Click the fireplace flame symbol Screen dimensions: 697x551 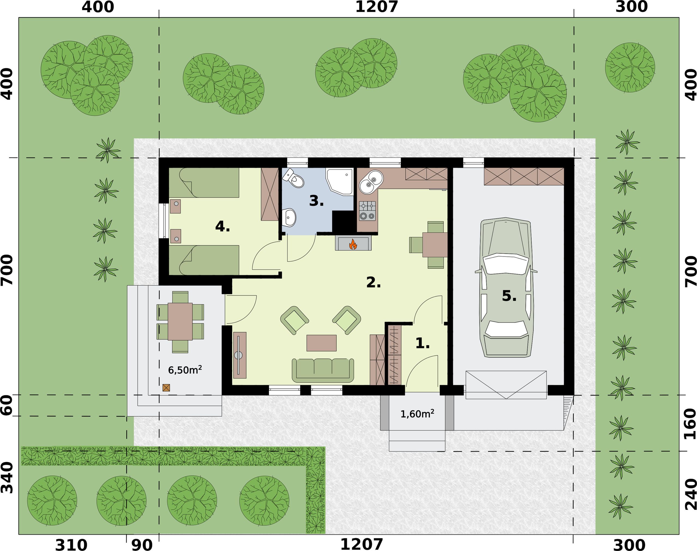coord(353,244)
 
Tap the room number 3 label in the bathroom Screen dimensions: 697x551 coord(316,201)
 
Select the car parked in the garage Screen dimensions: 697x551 coord(506,288)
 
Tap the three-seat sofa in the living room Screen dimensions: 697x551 coord(323,370)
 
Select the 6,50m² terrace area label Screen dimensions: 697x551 coord(185,370)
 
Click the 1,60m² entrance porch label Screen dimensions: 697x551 coord(417,414)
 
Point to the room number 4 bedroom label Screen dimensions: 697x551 coord(222,227)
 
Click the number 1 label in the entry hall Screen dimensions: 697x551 coord(422,344)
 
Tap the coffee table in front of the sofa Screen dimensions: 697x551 coord(321,343)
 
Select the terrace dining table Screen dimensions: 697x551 coord(180,321)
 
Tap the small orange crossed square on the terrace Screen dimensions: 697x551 coord(166,388)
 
